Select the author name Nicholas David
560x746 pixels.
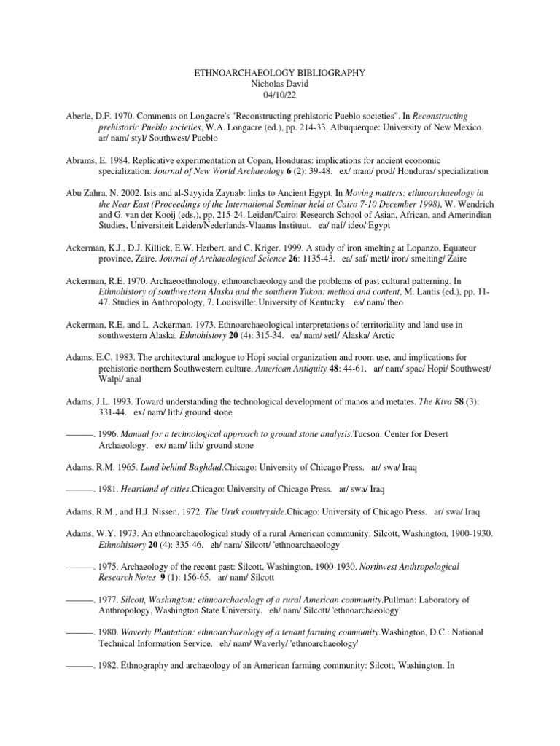tap(280, 85)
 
